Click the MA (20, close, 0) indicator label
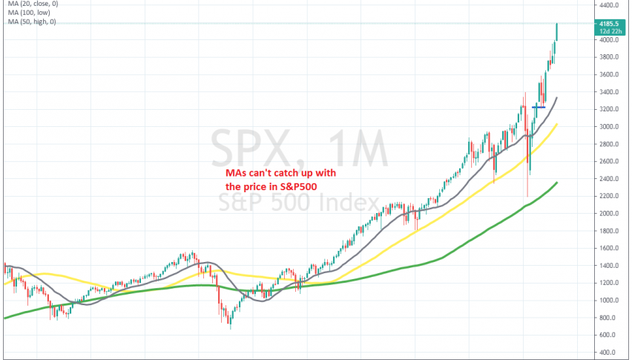coord(29,5)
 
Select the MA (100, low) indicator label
coord(24,14)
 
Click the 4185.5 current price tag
coord(613,23)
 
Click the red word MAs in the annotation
coord(235,174)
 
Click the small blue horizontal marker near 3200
coord(539,107)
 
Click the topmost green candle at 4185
coord(557,32)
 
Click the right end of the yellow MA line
coord(557,125)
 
